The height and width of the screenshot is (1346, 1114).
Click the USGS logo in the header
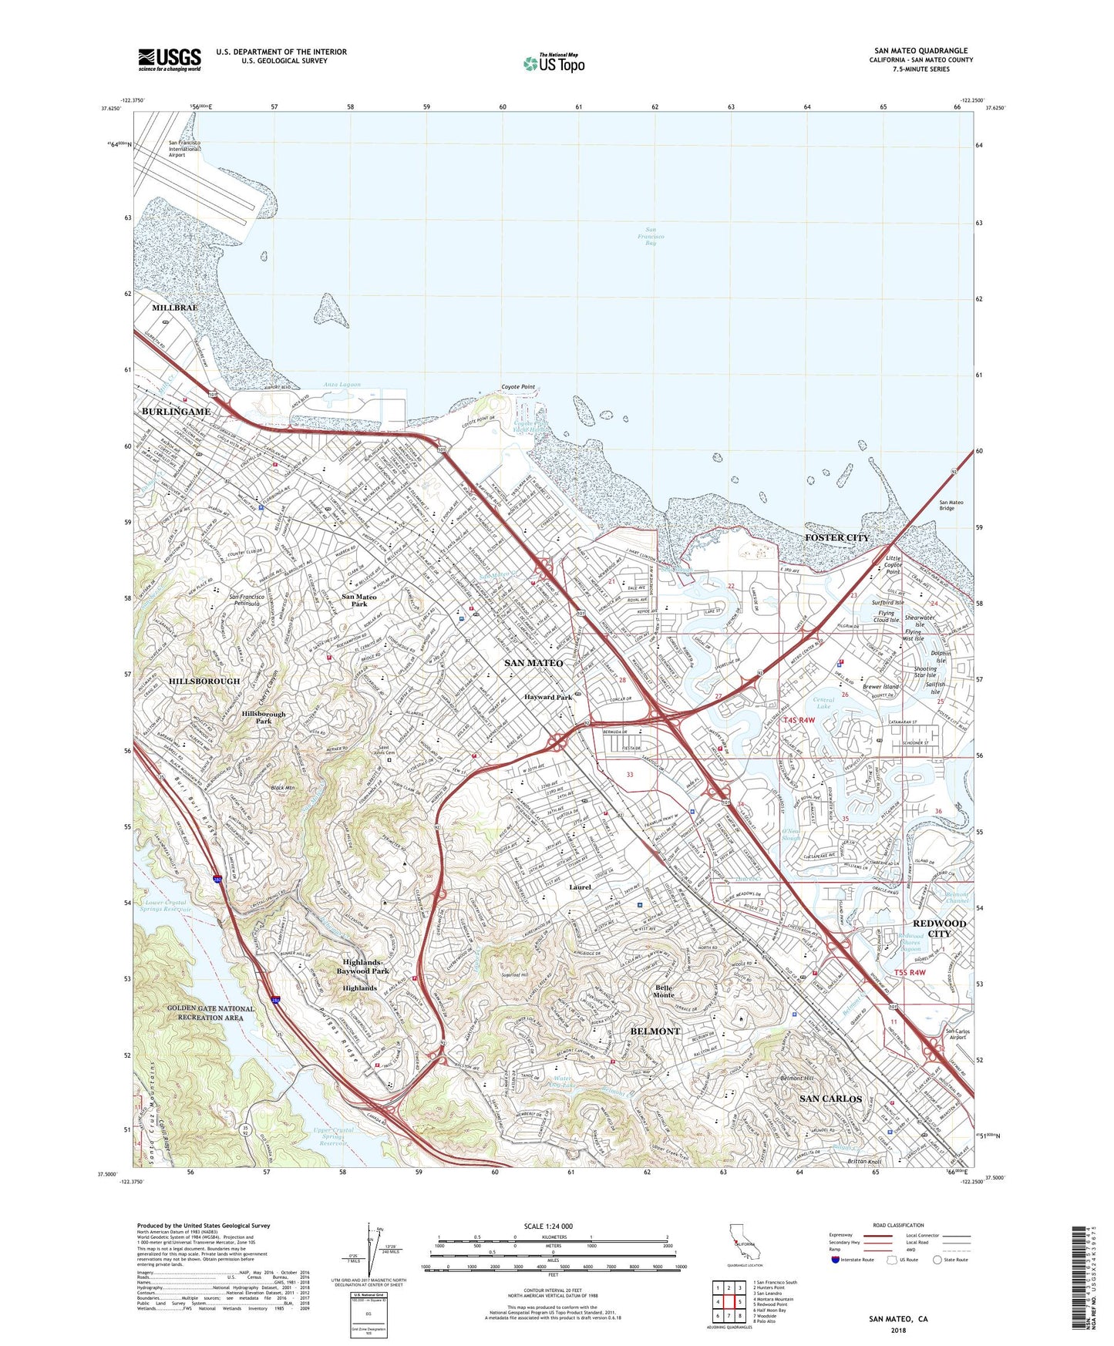click(170, 59)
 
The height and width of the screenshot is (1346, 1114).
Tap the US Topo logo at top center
click(554, 63)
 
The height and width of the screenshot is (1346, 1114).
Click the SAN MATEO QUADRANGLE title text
click(920, 50)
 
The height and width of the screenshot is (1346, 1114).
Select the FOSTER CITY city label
click(836, 537)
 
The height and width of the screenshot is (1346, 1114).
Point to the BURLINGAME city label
click(176, 412)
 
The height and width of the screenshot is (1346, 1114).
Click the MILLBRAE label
click(174, 308)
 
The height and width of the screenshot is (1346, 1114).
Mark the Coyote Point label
click(518, 387)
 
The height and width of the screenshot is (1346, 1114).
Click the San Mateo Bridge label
click(951, 506)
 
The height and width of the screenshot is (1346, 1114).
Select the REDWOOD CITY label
click(939, 928)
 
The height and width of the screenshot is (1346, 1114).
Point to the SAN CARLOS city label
click(830, 1099)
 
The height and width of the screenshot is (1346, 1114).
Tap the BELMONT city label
click(655, 1031)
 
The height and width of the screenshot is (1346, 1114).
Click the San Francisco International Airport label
click(185, 149)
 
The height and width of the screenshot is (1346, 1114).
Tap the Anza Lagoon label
click(342, 385)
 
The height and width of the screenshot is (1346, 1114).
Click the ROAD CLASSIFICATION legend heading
click(898, 1225)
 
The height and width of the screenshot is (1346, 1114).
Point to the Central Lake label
click(823, 704)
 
